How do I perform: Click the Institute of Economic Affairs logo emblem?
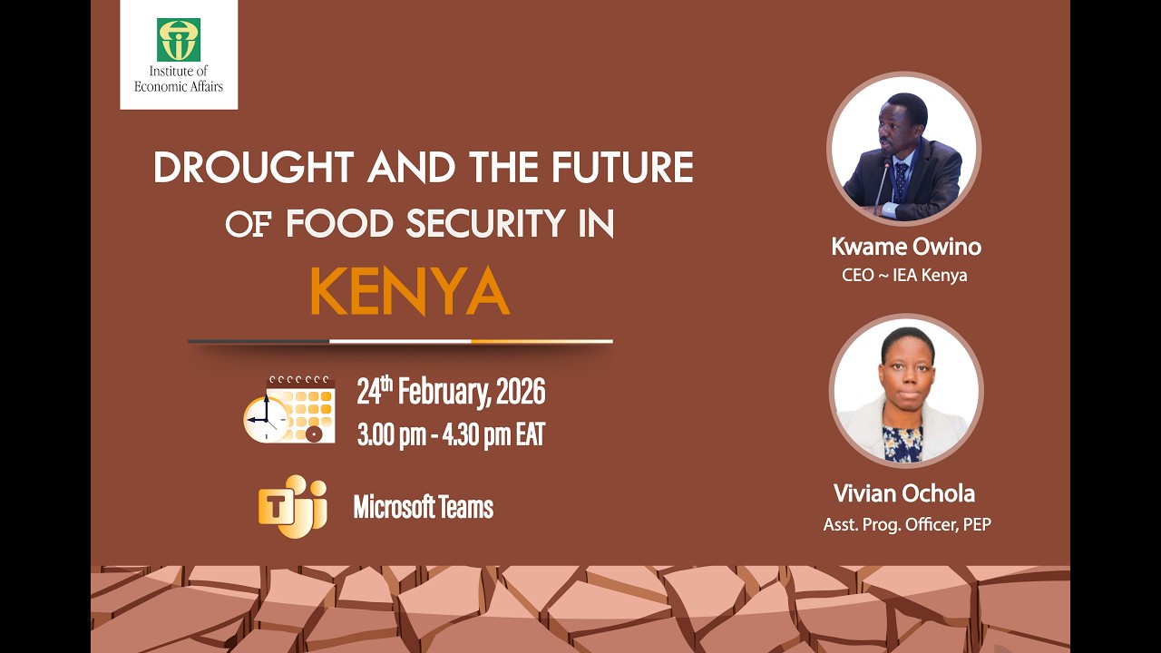[x=179, y=40]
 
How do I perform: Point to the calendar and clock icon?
[x=289, y=409]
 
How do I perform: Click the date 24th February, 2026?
[x=451, y=393]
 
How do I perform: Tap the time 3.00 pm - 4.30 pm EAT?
[x=451, y=435]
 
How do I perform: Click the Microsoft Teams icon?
[x=292, y=506]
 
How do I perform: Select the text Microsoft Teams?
[x=423, y=507]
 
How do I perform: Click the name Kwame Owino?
[x=906, y=247]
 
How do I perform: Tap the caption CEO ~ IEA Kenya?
[x=904, y=275]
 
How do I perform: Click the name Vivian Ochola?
[x=904, y=493]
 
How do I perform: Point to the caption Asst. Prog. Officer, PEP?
[x=906, y=524]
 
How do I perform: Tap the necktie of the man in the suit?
[x=901, y=180]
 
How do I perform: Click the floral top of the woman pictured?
[x=903, y=444]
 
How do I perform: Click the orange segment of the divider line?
[x=541, y=342]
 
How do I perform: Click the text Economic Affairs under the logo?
[x=179, y=86]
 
